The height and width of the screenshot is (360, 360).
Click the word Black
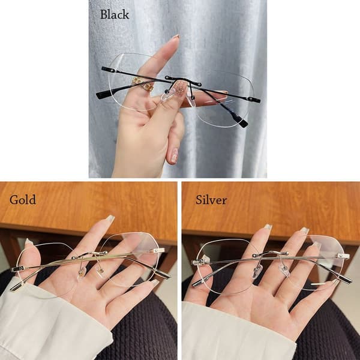click(115, 14)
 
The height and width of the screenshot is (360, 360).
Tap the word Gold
click(23, 200)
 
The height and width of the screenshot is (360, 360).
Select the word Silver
click(211, 200)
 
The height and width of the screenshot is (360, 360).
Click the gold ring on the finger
click(142, 84)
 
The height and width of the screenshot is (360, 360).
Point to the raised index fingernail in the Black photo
click(176, 36)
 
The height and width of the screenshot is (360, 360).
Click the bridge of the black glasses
click(183, 81)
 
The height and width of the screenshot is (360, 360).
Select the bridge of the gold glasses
click(89, 254)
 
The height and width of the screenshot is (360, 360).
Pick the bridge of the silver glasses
click(271, 253)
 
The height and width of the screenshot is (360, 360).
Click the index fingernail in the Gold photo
click(110, 218)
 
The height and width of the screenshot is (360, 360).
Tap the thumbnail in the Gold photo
click(29, 242)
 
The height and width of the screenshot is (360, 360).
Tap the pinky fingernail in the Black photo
click(173, 156)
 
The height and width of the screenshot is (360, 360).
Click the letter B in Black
click(104, 14)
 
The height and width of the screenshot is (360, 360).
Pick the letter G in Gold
click(14, 200)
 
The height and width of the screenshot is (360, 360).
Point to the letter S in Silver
click(199, 200)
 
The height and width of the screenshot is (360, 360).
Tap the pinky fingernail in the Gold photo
click(154, 282)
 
